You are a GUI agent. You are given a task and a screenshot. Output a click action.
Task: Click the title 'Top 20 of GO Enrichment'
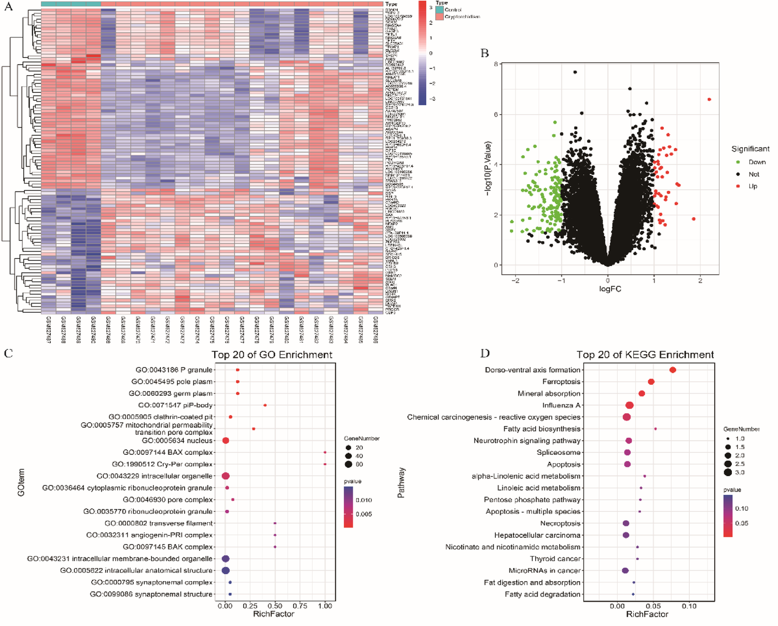272,355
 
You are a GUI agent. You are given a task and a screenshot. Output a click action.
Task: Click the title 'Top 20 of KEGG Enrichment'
645,355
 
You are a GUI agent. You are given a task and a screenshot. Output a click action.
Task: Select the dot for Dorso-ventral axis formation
673,370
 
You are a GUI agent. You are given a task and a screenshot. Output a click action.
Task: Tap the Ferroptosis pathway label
561,382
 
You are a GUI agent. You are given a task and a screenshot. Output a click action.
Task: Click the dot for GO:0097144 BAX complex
325,452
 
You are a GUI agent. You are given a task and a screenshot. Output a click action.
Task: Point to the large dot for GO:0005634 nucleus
226,440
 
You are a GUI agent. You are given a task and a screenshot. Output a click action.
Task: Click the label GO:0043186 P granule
174,370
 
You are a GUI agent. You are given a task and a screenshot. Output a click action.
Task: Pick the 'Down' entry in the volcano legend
757,162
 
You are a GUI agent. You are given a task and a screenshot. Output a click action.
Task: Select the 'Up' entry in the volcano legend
753,186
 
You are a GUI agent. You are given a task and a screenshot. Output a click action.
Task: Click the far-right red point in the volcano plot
709,100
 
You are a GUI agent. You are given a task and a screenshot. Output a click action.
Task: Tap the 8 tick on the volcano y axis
496,64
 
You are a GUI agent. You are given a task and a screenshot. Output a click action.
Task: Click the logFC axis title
610,289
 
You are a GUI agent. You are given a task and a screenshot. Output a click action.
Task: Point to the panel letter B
485,53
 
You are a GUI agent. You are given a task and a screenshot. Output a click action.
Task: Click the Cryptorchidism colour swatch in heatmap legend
439,17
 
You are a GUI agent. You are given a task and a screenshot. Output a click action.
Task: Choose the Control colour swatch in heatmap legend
439,9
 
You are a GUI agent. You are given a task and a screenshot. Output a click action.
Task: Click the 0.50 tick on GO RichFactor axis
275,606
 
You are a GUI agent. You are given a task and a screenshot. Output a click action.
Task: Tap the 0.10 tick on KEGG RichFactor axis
689,606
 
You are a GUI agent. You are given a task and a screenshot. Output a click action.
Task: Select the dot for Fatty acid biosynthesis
656,429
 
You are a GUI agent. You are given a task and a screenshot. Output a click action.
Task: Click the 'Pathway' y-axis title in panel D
401,482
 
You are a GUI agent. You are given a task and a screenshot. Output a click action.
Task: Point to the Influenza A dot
630,406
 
